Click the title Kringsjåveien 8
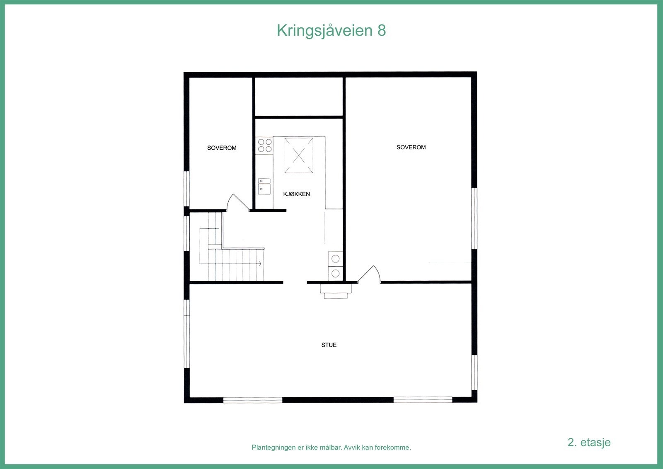(x=331, y=31)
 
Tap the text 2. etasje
(x=589, y=442)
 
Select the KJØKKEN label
(x=296, y=194)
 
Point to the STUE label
(x=329, y=345)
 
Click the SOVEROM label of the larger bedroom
(x=411, y=147)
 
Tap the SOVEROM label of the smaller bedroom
(x=222, y=148)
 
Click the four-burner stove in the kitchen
(x=265, y=145)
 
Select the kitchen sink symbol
(x=264, y=187)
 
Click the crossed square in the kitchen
(x=298, y=156)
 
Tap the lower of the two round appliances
(x=336, y=273)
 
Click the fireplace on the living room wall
(x=336, y=290)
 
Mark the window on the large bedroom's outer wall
(x=474, y=219)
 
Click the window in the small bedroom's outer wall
(x=186, y=189)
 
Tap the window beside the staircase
(x=186, y=233)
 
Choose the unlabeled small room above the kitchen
(x=298, y=97)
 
